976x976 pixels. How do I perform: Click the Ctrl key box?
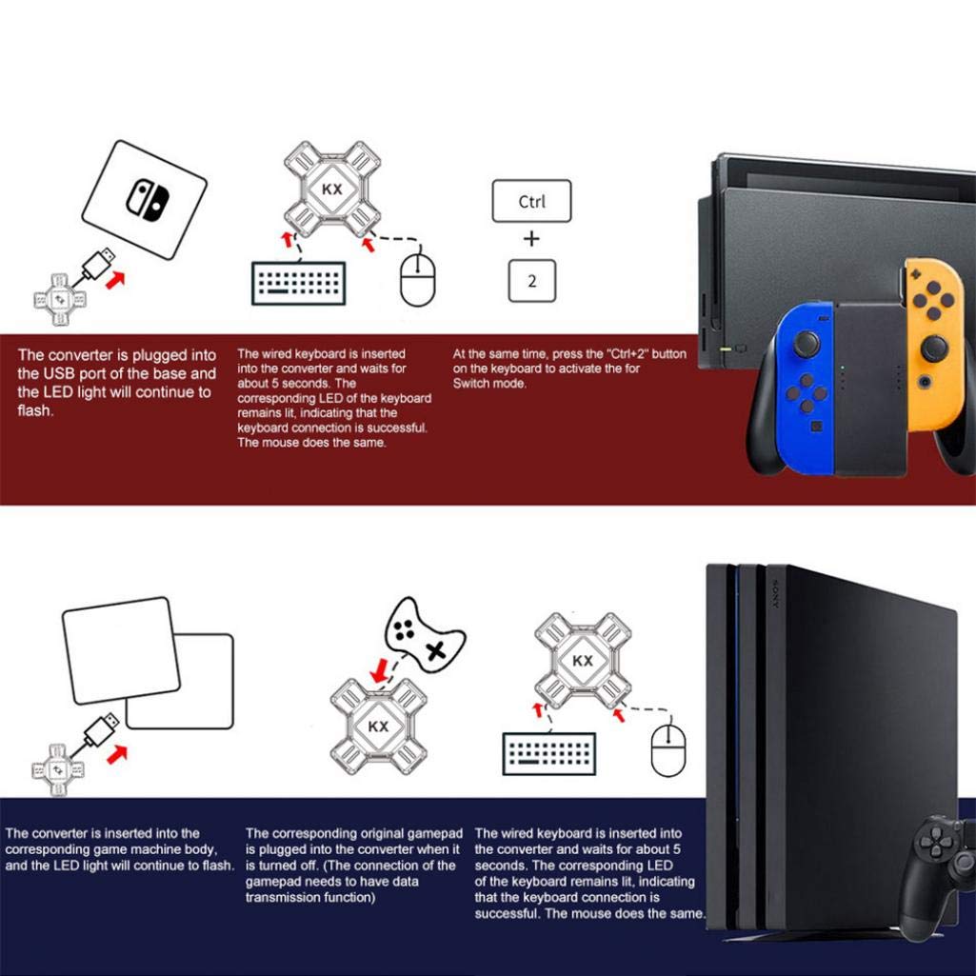(x=531, y=201)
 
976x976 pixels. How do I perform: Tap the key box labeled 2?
(x=531, y=280)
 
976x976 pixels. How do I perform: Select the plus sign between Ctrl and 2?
(x=531, y=238)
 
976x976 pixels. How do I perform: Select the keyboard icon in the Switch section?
(x=298, y=283)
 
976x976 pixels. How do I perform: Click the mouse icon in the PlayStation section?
(x=667, y=748)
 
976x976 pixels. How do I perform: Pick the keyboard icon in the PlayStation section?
(x=548, y=753)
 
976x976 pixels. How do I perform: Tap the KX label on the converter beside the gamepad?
(x=378, y=727)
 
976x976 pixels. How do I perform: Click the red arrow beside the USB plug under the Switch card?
(x=117, y=281)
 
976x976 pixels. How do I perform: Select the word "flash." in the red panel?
(x=36, y=411)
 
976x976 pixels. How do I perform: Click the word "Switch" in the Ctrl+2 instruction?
(x=472, y=383)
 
